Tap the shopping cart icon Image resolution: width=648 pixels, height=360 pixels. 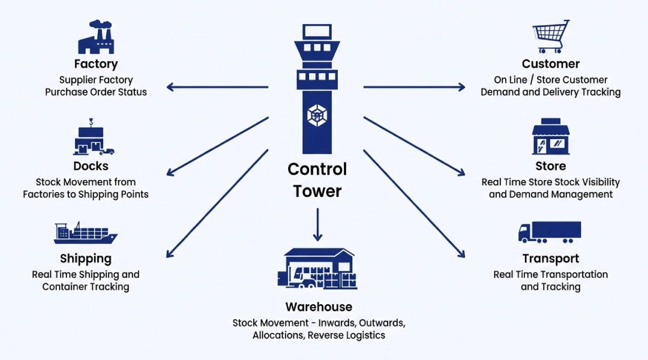pyautogui.click(x=551, y=37)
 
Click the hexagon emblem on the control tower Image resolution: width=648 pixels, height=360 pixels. pyautogui.click(x=317, y=114)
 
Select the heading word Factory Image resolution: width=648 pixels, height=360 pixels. pyautogui.click(x=96, y=64)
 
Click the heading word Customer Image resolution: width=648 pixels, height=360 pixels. pyautogui.click(x=551, y=64)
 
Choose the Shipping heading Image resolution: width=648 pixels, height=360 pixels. pyautogui.click(x=86, y=259)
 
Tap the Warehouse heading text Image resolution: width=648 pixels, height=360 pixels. pyautogui.click(x=319, y=307)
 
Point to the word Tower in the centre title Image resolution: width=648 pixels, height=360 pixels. pyautogui.click(x=317, y=191)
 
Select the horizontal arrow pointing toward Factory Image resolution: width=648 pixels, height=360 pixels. pyautogui.click(x=217, y=88)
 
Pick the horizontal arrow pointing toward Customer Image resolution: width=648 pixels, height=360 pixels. pyautogui.click(x=414, y=88)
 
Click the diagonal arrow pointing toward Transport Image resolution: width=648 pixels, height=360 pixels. pyautogui.click(x=414, y=203)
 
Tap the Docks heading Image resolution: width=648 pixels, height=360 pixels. pyautogui.click(x=91, y=166)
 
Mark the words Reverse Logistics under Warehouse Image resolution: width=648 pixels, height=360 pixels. pyautogui.click(x=346, y=335)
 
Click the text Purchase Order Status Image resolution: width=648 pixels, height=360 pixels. pyautogui.click(x=96, y=92)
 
